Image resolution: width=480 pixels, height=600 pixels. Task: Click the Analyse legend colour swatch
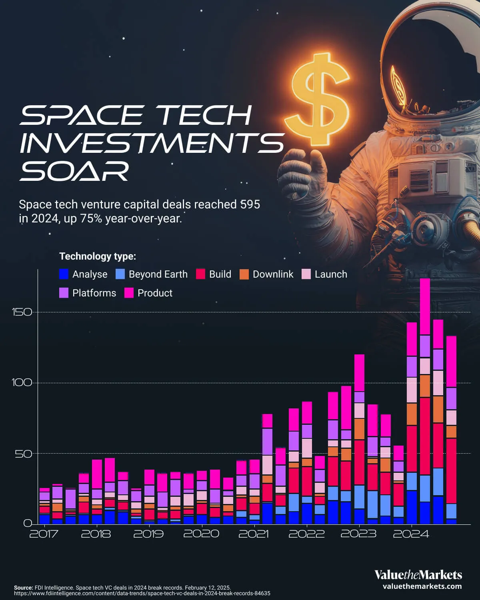click(64, 274)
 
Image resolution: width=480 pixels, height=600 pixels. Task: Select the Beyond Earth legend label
click(158, 274)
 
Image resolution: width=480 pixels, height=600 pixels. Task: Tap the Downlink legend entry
click(273, 274)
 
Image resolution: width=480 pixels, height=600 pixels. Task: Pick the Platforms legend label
click(94, 293)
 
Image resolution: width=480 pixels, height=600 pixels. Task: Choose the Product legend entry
click(155, 293)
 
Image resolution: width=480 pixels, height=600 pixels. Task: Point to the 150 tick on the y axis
click(22, 312)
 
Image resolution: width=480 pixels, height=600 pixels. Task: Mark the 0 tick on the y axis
click(28, 523)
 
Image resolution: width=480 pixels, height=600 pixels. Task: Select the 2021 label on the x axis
click(254, 534)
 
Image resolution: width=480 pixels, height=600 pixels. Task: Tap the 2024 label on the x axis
click(411, 534)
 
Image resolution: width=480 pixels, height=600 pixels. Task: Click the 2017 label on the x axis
click(44, 534)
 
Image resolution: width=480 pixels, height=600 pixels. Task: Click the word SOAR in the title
click(75, 171)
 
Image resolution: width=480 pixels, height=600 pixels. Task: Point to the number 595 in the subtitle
click(250, 204)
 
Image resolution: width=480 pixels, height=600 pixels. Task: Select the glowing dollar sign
click(318, 100)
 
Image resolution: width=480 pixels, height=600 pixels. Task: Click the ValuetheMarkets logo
click(418, 575)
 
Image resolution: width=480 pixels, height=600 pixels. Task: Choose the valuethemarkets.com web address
click(422, 586)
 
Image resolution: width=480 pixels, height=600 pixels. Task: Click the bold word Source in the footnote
click(23, 588)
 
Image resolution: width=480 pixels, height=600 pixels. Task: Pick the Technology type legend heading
click(98, 256)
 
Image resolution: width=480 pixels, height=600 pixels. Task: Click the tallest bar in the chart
click(425, 400)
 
